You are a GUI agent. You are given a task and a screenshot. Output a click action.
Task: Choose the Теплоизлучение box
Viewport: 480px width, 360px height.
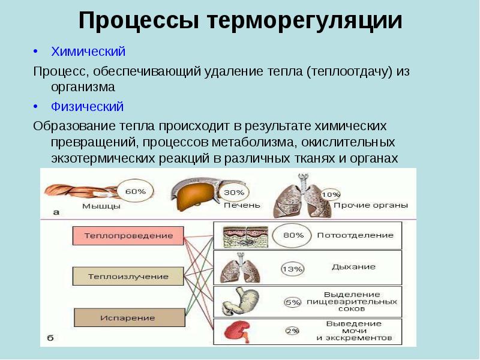coord(128,277)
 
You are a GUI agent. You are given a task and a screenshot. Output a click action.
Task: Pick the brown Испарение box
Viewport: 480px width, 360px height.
coord(128,317)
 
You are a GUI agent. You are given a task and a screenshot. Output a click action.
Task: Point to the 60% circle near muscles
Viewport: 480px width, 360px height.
coord(135,191)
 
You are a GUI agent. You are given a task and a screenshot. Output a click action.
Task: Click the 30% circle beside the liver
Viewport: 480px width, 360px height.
coord(233,192)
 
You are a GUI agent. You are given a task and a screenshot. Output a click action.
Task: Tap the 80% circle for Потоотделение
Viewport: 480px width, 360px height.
coord(293,235)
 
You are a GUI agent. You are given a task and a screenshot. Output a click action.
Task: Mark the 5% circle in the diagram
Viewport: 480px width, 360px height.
coord(292,302)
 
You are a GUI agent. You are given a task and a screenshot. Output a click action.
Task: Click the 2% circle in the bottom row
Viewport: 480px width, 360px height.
coord(292,331)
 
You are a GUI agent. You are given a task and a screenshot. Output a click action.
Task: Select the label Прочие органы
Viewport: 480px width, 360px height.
coord(370,205)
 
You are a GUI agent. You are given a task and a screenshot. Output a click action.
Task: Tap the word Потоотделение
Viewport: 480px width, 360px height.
coord(355,235)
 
